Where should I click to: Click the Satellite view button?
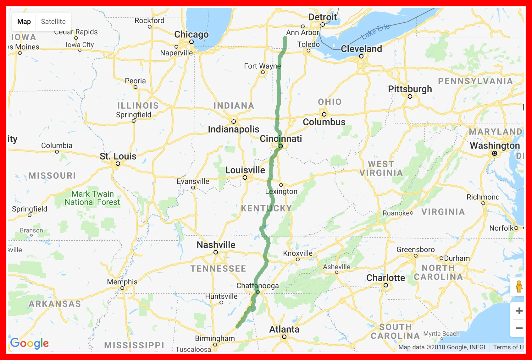(53, 22)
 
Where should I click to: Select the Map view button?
(24, 22)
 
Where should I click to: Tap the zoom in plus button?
(519, 311)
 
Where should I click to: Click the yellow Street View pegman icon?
(519, 286)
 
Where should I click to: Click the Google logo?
(30, 343)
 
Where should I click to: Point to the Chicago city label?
(191, 34)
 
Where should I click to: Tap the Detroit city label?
(323, 17)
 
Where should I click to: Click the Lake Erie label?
(375, 32)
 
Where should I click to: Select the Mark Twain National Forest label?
(92, 198)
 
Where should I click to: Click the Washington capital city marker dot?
(495, 153)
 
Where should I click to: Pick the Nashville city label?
(216, 245)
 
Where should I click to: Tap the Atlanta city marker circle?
(284, 337)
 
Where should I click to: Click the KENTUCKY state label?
(267, 208)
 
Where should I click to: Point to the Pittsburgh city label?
(410, 89)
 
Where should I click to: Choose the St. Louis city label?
(118, 156)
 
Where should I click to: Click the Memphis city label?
(122, 282)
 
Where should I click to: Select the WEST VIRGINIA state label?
(381, 168)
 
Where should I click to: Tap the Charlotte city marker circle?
(386, 286)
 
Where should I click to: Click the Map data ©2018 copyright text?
(441, 347)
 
